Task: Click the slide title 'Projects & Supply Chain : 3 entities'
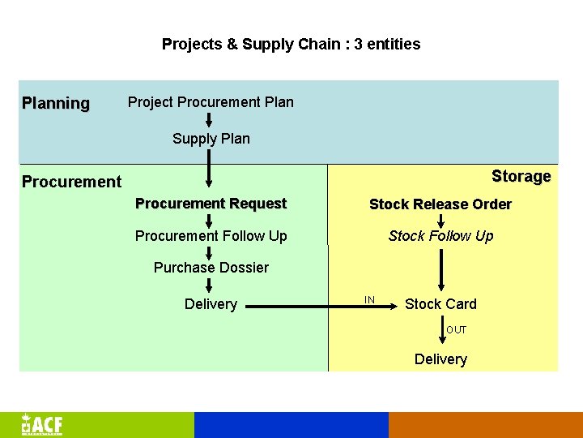point(291,44)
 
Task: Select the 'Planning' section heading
point(56,103)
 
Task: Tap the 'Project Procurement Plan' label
point(211,102)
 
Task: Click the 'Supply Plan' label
point(211,139)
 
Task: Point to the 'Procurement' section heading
point(71,182)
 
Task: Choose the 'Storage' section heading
point(521,176)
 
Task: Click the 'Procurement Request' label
point(211,204)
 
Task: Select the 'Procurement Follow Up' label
point(211,236)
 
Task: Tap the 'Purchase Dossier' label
point(211,268)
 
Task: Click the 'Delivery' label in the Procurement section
point(211,304)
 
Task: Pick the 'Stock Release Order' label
point(440,204)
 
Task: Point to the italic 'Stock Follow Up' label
point(440,236)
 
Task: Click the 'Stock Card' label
point(440,304)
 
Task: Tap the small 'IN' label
point(369,300)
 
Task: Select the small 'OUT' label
point(456,330)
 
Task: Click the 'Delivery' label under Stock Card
point(440,359)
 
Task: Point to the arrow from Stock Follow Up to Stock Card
point(440,270)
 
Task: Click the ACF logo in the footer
point(42,425)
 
